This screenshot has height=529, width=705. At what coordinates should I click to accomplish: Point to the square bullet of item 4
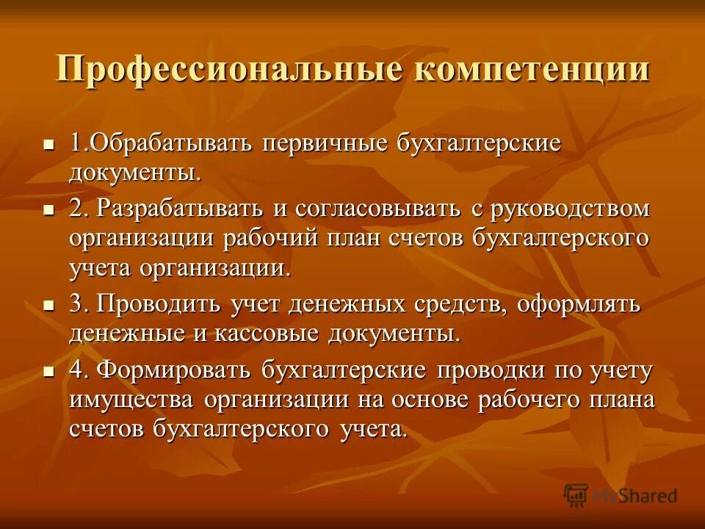(x=49, y=372)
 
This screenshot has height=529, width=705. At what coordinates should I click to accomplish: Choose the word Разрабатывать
(x=179, y=208)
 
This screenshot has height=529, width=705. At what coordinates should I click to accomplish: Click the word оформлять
(x=579, y=303)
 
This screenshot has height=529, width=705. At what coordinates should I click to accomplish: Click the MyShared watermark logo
(x=621, y=496)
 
